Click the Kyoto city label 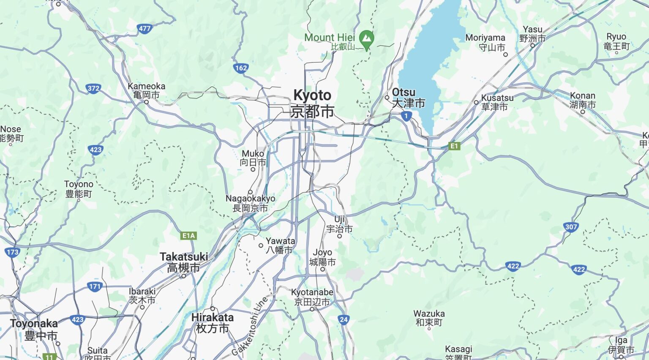point(312,103)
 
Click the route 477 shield point(145,29)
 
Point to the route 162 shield point(241,68)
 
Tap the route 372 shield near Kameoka point(93,88)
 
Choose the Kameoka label point(146,90)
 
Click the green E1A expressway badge point(188,236)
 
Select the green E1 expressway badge point(454,146)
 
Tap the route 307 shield point(571,227)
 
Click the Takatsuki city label point(184,262)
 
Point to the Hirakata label point(212,322)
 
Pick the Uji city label point(339,224)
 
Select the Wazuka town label point(429,318)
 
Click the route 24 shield point(344,319)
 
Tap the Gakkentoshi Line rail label point(250,326)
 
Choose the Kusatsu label point(497,102)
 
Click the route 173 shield point(12,252)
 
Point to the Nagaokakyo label point(250,203)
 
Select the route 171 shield point(95,286)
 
